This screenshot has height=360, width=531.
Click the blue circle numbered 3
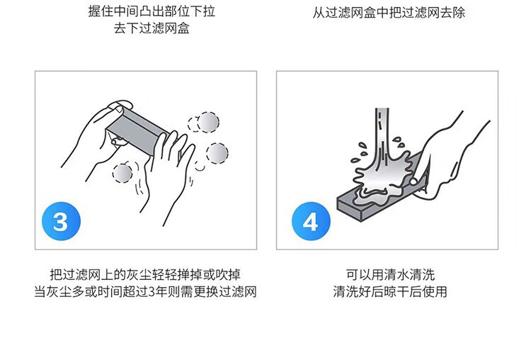coord(62,221)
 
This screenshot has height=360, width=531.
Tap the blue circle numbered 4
coord(311,221)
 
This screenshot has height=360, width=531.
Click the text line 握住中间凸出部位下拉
coord(152,11)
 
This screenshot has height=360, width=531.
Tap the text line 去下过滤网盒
coord(152,28)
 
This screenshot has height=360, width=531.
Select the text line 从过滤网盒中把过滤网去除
coord(389,13)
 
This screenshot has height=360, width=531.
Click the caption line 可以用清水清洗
coord(390,274)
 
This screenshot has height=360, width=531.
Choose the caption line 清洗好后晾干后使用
coord(390,291)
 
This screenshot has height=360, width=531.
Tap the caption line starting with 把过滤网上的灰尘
coord(145,274)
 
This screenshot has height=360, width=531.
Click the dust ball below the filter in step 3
coord(122,174)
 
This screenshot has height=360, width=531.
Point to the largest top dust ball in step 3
coord(208,122)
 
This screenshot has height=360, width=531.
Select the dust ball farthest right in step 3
coord(217,154)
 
